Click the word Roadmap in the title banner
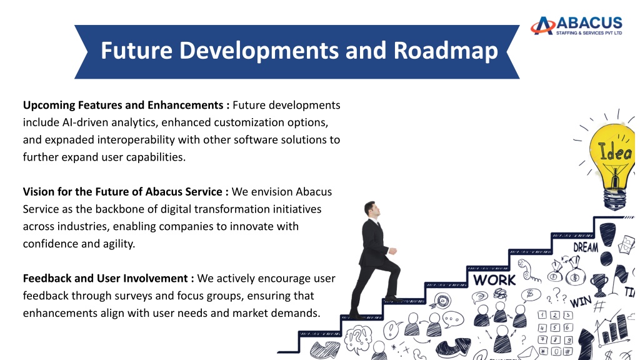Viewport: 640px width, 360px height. click(446, 51)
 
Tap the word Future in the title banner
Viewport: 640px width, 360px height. click(136, 50)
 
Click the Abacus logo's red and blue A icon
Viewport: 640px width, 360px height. click(543, 25)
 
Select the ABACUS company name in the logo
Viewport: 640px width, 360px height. click(589, 22)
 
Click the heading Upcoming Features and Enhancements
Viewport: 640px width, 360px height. click(123, 105)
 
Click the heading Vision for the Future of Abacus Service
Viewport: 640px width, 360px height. click(122, 192)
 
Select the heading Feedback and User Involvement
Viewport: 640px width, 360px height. click(105, 278)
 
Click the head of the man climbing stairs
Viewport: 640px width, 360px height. click(372, 209)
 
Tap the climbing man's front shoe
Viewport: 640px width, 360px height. click(394, 299)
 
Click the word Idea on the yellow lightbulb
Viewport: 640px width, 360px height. click(615, 152)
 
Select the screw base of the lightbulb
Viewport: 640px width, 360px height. click(615, 198)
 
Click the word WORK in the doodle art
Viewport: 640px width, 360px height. click(494, 281)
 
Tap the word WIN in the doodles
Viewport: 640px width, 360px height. click(581, 302)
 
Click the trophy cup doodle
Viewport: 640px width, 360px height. click(599, 284)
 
